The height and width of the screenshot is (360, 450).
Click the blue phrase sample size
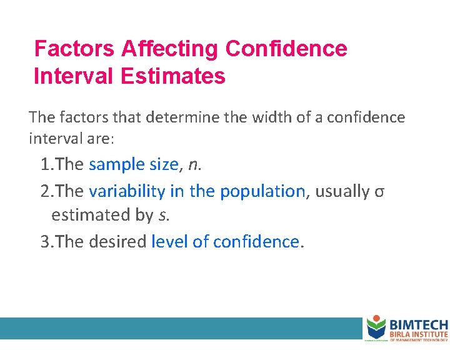(x=133, y=164)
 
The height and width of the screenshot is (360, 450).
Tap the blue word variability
(x=127, y=191)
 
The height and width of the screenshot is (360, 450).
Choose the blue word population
(x=262, y=191)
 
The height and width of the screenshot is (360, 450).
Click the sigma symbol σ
(x=379, y=192)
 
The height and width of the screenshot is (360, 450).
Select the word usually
(x=342, y=191)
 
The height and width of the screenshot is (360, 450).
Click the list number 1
(x=45, y=165)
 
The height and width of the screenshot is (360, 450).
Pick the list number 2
(x=45, y=191)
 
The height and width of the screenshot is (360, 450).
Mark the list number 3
(x=45, y=241)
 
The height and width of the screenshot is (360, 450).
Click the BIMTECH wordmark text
(x=419, y=325)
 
